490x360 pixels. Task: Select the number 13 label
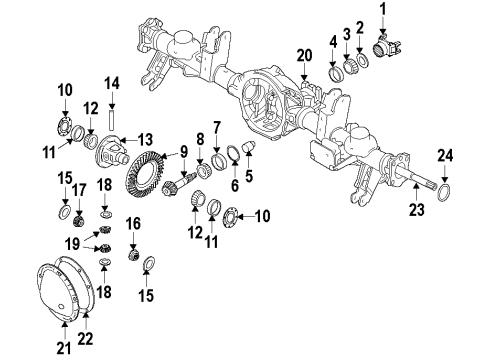click(x=145, y=139)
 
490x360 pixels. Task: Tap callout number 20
click(x=305, y=53)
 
